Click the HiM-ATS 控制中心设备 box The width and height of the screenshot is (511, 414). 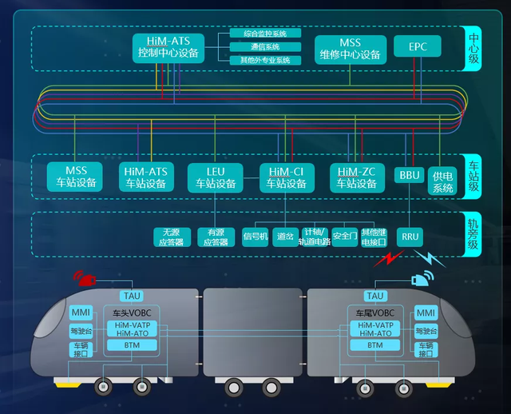click(169, 47)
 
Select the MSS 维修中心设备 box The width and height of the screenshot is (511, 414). click(350, 49)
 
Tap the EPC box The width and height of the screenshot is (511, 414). click(418, 46)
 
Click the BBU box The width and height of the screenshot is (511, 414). click(410, 175)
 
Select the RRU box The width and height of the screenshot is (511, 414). click(410, 237)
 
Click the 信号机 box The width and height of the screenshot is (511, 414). click(255, 237)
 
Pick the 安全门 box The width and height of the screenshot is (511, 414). click(344, 237)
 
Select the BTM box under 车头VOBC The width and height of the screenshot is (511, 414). click(132, 345)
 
